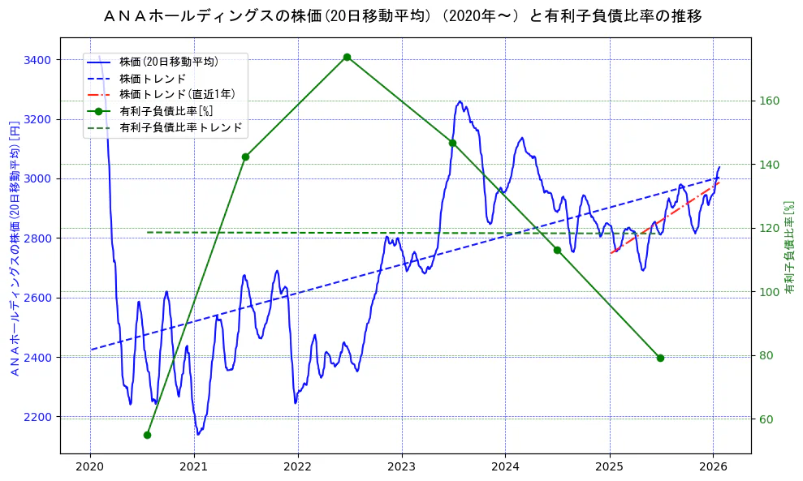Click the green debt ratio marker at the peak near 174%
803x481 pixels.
[x=347, y=57]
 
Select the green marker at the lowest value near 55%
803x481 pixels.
[x=147, y=435]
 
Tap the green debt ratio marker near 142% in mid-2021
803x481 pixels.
[x=245, y=157]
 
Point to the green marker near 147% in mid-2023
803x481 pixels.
[x=452, y=143]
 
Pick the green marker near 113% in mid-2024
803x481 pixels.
[x=557, y=250]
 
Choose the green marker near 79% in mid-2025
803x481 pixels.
[x=660, y=358]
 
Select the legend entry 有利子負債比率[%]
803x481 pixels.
[x=166, y=111]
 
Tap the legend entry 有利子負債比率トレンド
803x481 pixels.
[x=180, y=127]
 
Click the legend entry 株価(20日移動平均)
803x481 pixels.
[x=168, y=61]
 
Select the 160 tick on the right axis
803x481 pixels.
[x=769, y=101]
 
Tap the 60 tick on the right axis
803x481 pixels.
[x=766, y=419]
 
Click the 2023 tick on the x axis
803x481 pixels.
[x=402, y=466]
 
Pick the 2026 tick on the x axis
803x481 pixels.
[x=713, y=466]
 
